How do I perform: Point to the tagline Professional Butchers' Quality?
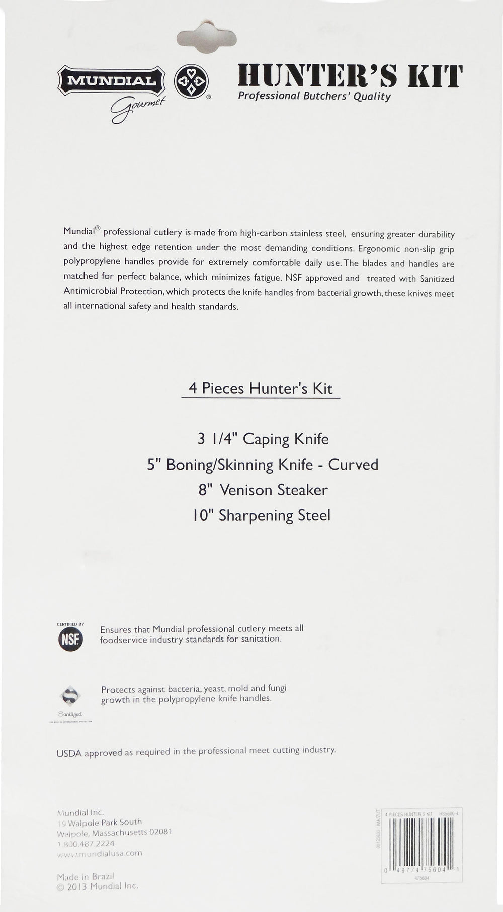314,96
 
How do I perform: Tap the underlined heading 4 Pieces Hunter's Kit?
261,388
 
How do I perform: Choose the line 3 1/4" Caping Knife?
263,439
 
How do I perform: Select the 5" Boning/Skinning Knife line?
262,464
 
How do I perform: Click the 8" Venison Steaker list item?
263,490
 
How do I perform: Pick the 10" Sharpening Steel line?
262,515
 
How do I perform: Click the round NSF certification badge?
70,640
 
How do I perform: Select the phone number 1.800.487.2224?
86,844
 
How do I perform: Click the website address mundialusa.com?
100,853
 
